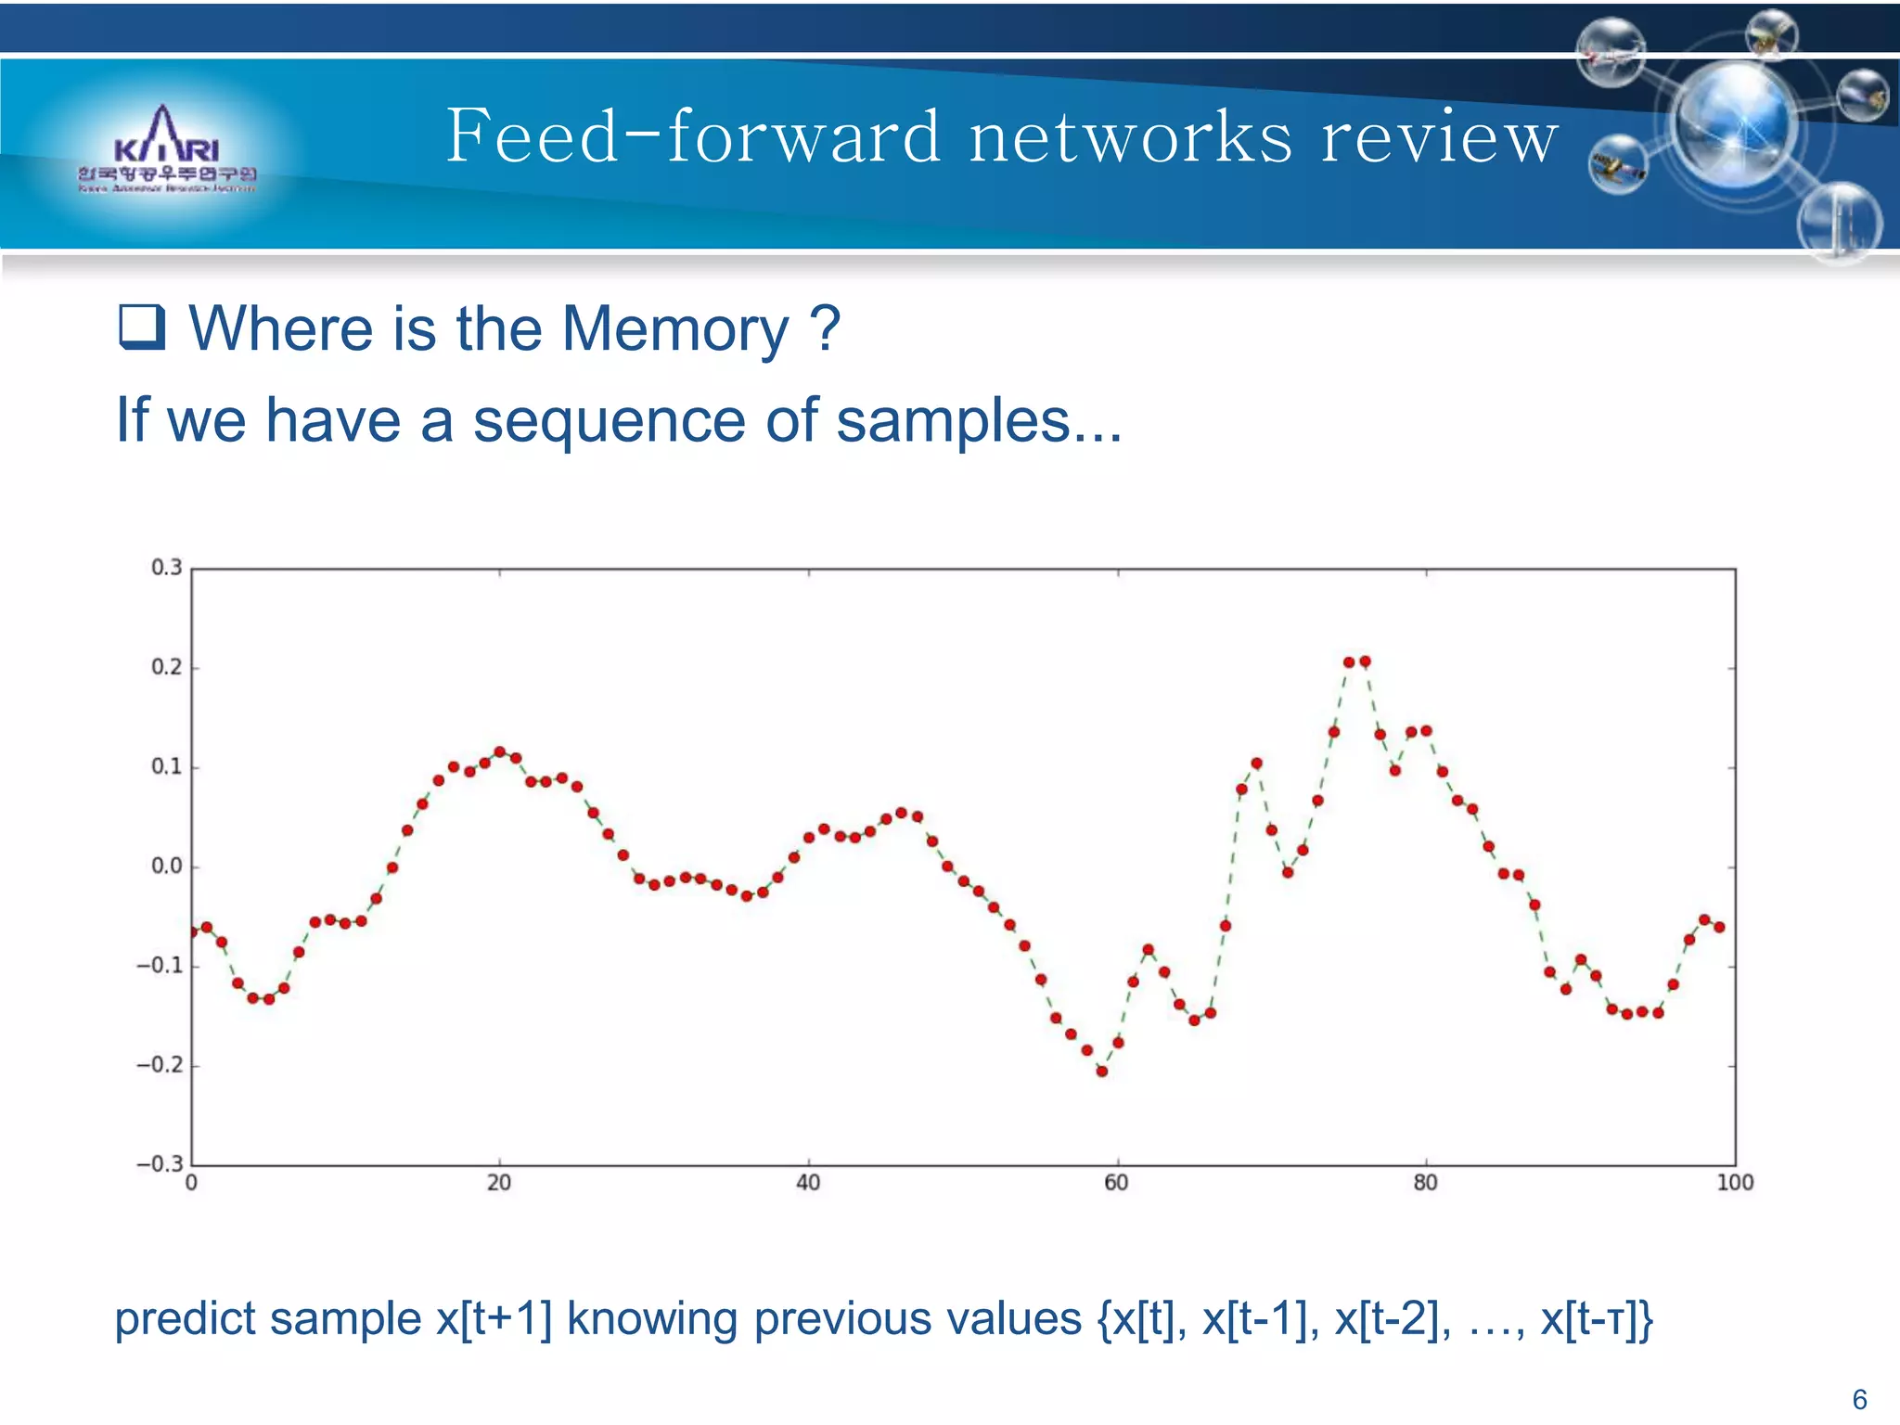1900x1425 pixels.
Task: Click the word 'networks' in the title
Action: [x=1130, y=137]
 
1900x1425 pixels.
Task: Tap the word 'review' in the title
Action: [x=1439, y=137]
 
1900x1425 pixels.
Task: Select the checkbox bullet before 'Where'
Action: [x=142, y=327]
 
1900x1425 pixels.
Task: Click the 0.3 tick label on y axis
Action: [x=167, y=567]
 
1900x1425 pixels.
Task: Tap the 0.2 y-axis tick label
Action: [x=167, y=667]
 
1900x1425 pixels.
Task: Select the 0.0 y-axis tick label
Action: [x=167, y=867]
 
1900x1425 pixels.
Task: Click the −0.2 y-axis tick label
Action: [x=160, y=1065]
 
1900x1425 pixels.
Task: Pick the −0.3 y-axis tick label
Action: [x=160, y=1164]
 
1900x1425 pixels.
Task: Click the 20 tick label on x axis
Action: [x=499, y=1183]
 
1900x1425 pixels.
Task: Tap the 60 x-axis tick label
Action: [x=1116, y=1183]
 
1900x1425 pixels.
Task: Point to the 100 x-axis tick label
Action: [x=1735, y=1183]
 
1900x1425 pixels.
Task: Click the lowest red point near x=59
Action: [x=1102, y=1072]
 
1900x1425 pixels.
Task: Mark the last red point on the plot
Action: [x=1719, y=927]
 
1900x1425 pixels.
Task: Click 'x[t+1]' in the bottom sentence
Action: [x=494, y=1318]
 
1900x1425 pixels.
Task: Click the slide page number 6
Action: [x=1859, y=1399]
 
